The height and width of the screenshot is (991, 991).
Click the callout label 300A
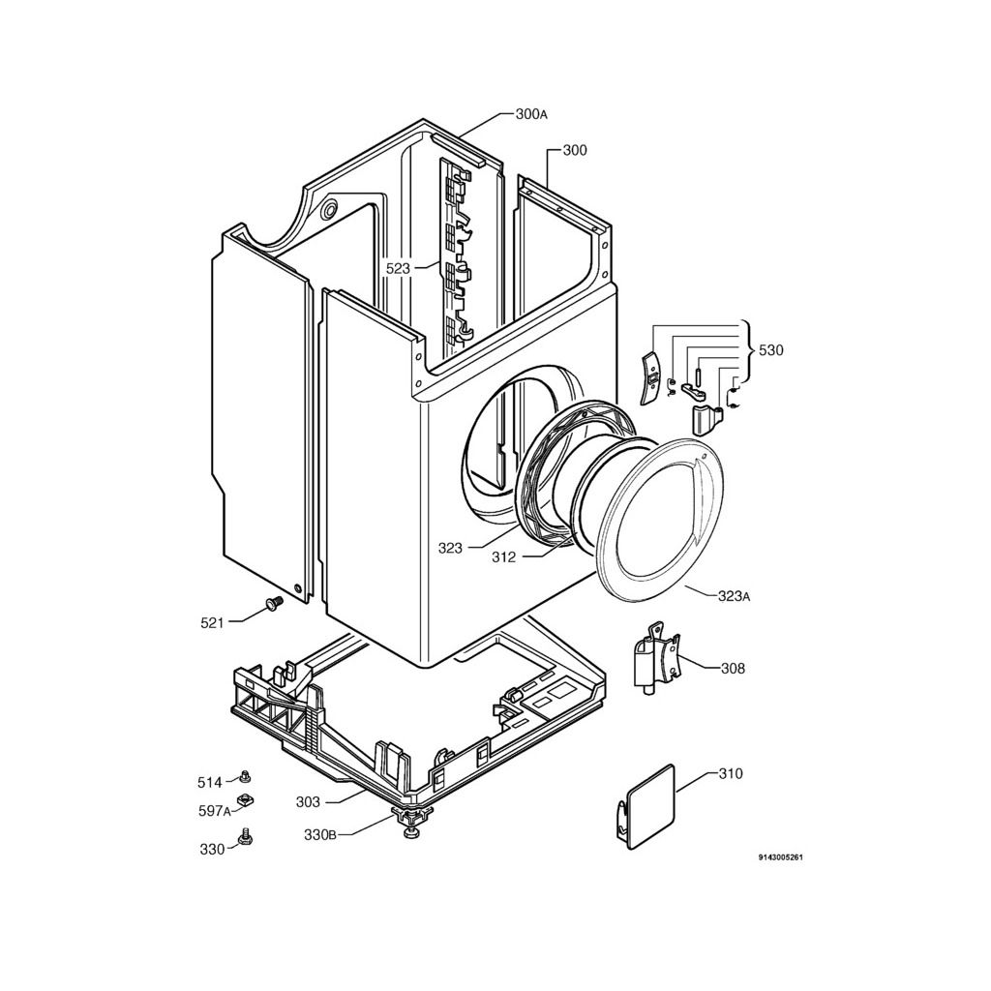[530, 114]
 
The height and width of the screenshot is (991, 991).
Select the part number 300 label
[574, 150]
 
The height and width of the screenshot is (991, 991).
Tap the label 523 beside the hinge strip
[398, 268]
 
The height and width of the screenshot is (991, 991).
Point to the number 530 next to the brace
[770, 350]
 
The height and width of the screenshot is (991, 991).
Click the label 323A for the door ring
[734, 596]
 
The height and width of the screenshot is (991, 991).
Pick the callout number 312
[503, 557]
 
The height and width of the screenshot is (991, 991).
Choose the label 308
[733, 668]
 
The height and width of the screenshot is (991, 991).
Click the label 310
[731, 774]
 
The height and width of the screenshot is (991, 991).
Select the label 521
[212, 623]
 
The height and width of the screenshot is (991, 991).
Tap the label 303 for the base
[308, 801]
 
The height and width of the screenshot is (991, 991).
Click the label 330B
[319, 835]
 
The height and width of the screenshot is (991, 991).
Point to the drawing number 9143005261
[781, 857]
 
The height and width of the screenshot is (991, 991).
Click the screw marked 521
[272, 605]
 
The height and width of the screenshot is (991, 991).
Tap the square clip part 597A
[245, 799]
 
